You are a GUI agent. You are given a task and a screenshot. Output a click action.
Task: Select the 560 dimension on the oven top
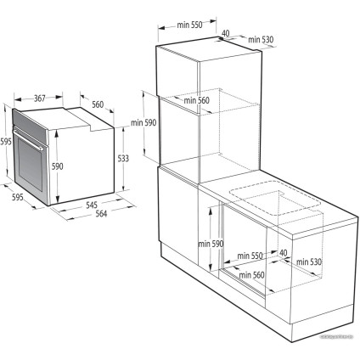[x=98, y=104]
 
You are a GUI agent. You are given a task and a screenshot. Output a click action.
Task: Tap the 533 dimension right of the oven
[x=124, y=159]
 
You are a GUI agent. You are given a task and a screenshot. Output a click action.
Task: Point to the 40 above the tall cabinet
[x=226, y=35]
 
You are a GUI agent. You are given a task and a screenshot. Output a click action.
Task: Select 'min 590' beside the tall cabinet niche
[x=143, y=123]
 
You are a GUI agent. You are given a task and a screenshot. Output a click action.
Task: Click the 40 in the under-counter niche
[x=283, y=252]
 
